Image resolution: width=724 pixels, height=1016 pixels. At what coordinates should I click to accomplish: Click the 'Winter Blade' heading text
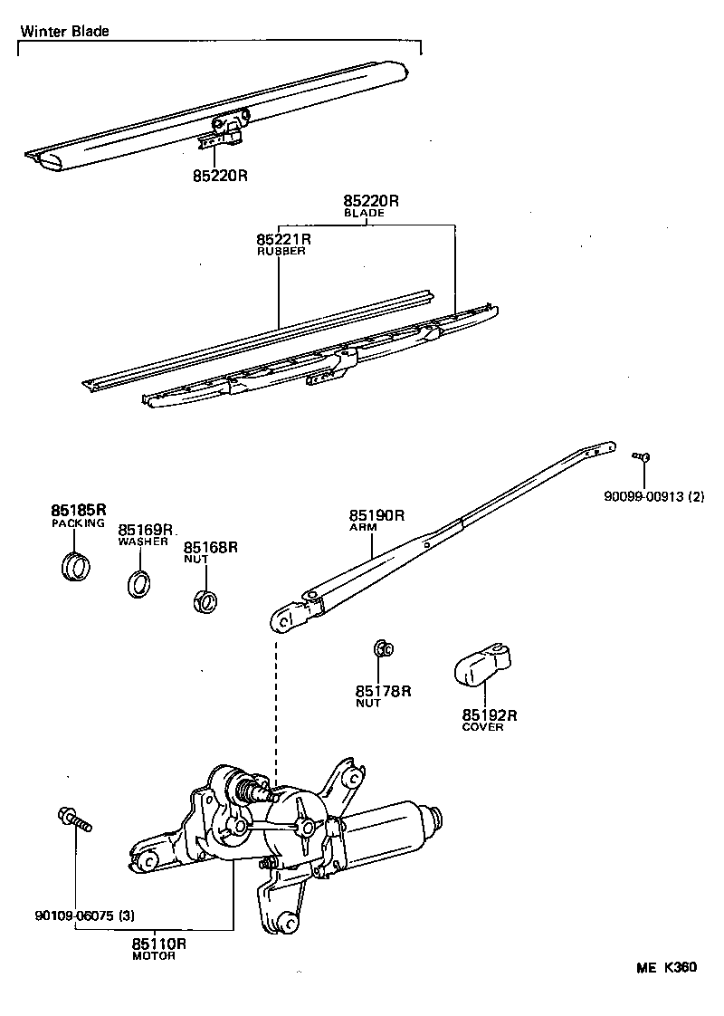click(64, 31)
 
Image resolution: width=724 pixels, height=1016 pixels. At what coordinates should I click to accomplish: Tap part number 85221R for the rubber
click(283, 239)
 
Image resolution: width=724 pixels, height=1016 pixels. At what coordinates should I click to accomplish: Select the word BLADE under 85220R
click(364, 213)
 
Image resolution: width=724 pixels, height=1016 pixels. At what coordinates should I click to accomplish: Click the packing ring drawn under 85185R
click(76, 567)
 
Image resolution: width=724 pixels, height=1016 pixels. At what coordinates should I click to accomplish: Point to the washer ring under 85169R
click(138, 584)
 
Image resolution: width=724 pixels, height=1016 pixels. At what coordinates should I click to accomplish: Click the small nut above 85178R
click(382, 648)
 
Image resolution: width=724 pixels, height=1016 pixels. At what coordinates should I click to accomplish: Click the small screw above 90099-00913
click(643, 457)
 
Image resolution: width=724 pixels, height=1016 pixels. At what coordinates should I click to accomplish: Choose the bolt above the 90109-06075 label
click(75, 820)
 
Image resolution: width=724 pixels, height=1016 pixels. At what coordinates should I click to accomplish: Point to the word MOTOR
click(154, 956)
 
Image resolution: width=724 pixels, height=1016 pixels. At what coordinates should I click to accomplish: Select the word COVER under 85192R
click(482, 727)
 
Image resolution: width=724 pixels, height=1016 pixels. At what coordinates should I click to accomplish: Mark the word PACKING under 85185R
click(78, 522)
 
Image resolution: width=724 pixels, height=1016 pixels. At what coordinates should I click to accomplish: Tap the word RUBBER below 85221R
click(281, 252)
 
